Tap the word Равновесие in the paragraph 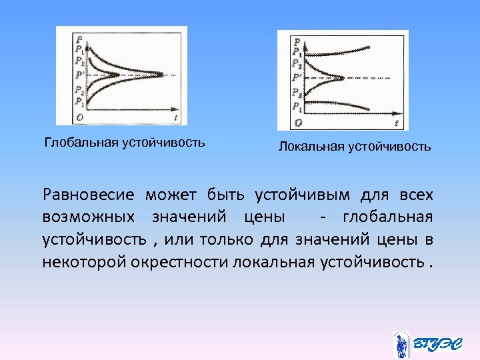88,195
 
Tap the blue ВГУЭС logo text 437,344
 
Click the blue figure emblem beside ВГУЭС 401,344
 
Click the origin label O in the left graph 80,117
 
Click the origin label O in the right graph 298,122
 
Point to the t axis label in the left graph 175,117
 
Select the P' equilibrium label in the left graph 79,75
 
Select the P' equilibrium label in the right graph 296,77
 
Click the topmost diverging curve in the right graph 347,50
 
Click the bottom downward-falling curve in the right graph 347,105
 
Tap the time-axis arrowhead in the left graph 178,107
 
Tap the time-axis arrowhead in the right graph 399,111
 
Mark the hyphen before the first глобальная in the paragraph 323,217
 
